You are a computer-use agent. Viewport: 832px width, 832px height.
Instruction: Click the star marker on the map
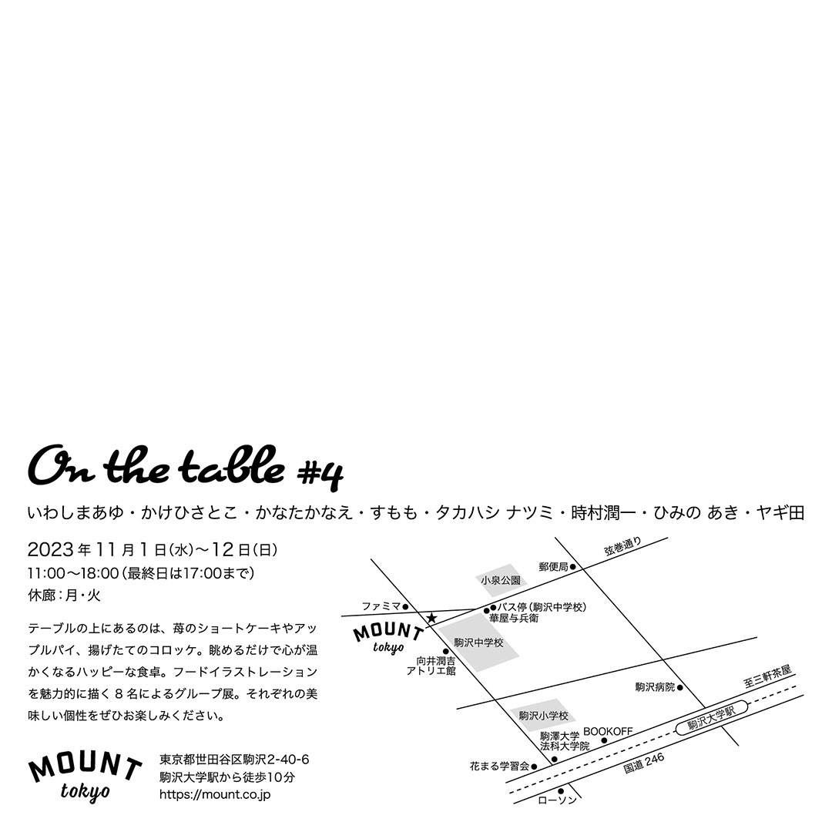[x=431, y=618]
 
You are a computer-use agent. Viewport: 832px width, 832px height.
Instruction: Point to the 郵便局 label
[x=553, y=566]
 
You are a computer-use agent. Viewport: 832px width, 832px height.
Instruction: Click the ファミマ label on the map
[x=381, y=606]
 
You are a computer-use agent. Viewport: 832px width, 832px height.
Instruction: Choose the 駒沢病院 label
[x=655, y=686]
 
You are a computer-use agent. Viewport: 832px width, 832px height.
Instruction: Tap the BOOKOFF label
[x=608, y=730]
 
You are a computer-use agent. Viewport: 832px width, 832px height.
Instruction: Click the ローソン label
[x=557, y=801]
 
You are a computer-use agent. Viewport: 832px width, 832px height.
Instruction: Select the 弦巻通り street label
[x=622, y=547]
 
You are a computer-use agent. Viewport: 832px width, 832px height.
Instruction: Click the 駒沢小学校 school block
[x=542, y=716]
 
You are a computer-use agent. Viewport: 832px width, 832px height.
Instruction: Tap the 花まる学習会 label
[x=499, y=767]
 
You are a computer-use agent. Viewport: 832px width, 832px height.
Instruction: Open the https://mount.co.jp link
[x=214, y=793]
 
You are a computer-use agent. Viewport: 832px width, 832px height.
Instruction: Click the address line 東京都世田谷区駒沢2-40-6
[x=233, y=760]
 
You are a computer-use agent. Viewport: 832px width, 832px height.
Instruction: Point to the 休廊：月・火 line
[x=64, y=595]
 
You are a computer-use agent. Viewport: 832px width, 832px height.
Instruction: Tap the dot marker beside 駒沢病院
[x=679, y=686]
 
